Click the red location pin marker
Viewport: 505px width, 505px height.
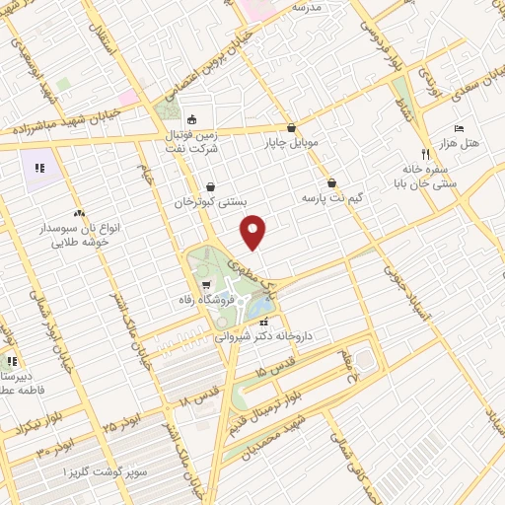point(254,231)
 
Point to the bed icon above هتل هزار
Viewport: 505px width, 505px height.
point(460,129)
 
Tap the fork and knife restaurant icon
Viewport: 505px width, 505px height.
point(426,154)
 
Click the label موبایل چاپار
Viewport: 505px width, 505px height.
point(291,143)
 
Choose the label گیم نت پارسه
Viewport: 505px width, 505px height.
point(332,198)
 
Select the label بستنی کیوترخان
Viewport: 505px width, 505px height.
point(210,201)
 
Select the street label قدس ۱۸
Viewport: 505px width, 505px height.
point(199,397)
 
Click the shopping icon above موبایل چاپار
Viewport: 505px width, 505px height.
point(291,127)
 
